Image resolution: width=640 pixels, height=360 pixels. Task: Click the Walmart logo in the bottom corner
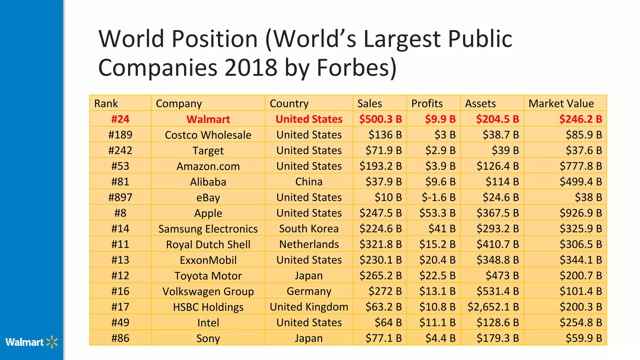pyautogui.click(x=32, y=342)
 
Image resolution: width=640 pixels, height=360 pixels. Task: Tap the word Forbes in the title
pyautogui.click(x=357, y=67)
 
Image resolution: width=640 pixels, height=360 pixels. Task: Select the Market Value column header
pyautogui.click(x=561, y=103)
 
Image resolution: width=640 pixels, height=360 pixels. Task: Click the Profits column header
pyautogui.click(x=427, y=103)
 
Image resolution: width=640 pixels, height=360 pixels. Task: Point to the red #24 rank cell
pyautogui.click(x=120, y=119)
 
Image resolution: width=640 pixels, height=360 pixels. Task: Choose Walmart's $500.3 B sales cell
pyautogui.click(x=380, y=119)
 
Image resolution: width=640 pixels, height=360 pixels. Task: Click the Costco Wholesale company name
pyautogui.click(x=208, y=135)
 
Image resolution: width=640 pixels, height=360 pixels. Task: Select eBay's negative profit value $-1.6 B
pyautogui.click(x=438, y=197)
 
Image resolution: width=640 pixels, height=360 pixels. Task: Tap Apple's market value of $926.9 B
pyautogui.click(x=581, y=213)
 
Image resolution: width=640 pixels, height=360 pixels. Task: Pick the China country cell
pyautogui.click(x=309, y=182)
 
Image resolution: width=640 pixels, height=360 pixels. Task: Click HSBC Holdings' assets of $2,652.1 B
pyautogui.click(x=493, y=307)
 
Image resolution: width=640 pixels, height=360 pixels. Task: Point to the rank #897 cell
pyautogui.click(x=120, y=197)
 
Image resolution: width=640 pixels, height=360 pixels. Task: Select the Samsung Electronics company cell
pyautogui.click(x=208, y=229)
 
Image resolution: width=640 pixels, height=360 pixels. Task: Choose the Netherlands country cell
pyautogui.click(x=309, y=244)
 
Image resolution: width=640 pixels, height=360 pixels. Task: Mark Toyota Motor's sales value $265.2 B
pyautogui.click(x=380, y=276)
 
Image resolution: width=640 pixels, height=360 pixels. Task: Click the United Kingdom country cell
pyautogui.click(x=309, y=307)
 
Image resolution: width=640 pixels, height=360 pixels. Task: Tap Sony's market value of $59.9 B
pyautogui.click(x=584, y=338)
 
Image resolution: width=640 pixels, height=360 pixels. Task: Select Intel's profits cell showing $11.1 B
pyautogui.click(x=437, y=322)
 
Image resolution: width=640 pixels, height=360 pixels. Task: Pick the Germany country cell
pyautogui.click(x=309, y=291)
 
